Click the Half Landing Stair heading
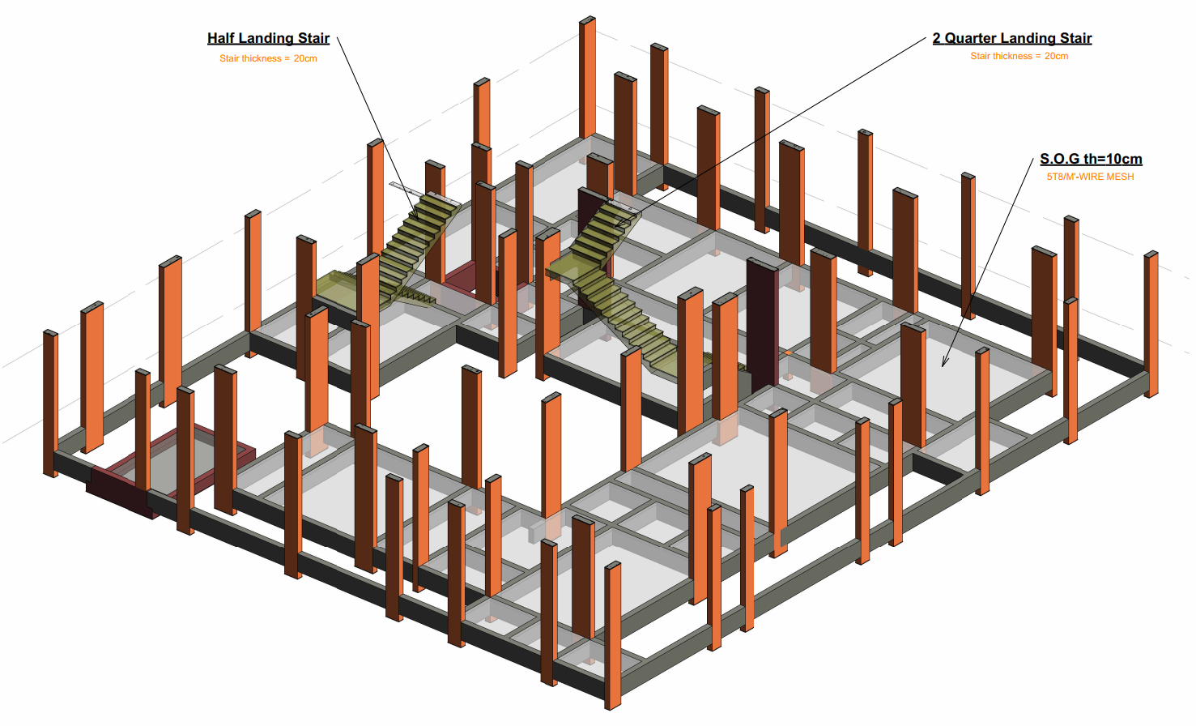click(268, 38)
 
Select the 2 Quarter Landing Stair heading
click(1012, 38)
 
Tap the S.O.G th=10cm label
click(1091, 159)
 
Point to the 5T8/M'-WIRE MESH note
click(1090, 177)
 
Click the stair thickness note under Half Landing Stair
click(268, 58)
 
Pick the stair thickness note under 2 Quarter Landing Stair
click(1019, 56)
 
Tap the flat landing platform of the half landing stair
click(336, 287)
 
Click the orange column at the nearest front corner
click(612, 636)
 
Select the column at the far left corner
click(50, 404)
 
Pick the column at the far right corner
click(1151, 324)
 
